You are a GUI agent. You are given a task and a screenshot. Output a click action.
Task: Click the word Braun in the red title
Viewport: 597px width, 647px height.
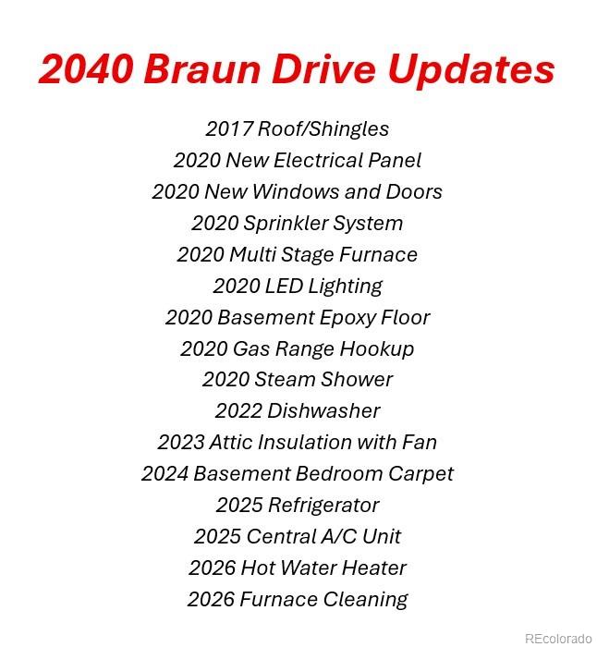[x=202, y=69]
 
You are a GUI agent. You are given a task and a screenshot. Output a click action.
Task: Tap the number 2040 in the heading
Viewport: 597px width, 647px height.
[x=86, y=69]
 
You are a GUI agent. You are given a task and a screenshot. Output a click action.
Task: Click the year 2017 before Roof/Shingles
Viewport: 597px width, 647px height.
[x=229, y=128]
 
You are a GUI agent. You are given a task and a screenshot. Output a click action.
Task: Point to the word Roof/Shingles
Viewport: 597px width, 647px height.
[x=323, y=129]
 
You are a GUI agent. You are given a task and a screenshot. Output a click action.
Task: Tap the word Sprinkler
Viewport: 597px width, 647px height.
[x=286, y=224]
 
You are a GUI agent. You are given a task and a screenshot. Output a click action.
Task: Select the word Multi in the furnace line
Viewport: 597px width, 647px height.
[x=252, y=254]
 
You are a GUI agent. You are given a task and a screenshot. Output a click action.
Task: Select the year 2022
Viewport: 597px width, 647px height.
[x=238, y=411]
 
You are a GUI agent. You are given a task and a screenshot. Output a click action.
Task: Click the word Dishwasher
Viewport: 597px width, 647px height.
[x=323, y=411]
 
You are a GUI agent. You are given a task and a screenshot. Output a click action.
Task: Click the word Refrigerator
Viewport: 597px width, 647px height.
[x=324, y=506]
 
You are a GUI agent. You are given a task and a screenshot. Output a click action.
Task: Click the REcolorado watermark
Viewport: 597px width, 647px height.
[x=558, y=639]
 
